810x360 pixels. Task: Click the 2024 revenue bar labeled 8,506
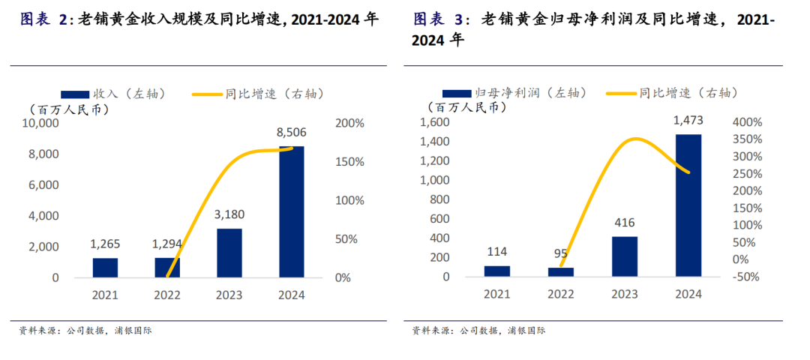pyautogui.click(x=292, y=211)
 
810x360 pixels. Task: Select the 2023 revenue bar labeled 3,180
pyautogui.click(x=229, y=253)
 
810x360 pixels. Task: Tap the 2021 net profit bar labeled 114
pyautogui.click(x=496, y=271)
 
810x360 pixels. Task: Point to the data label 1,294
pyautogui.click(x=167, y=244)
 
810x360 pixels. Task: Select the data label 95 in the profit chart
pyautogui.click(x=561, y=253)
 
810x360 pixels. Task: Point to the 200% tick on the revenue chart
pyautogui.click(x=349, y=123)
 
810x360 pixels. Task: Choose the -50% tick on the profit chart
pyautogui.click(x=745, y=277)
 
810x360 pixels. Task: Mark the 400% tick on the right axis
pyautogui.click(x=745, y=122)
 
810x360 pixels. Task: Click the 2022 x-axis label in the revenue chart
pyautogui.click(x=167, y=295)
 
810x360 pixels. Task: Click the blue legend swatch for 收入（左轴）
pyautogui.click(x=75, y=94)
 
